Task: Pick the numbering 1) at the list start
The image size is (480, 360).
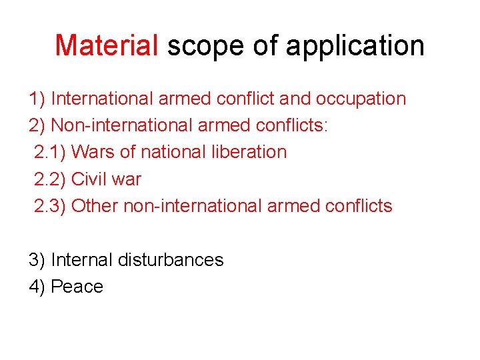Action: click(x=37, y=99)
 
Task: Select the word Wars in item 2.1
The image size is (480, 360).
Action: click(x=92, y=152)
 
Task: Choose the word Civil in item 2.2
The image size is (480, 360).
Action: click(x=89, y=179)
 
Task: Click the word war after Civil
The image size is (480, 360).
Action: click(x=127, y=179)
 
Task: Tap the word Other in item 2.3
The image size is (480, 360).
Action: click(x=95, y=206)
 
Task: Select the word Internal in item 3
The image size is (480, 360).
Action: click(x=81, y=260)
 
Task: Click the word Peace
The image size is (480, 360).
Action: click(x=77, y=287)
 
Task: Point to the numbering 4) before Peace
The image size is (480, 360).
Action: click(x=37, y=287)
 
